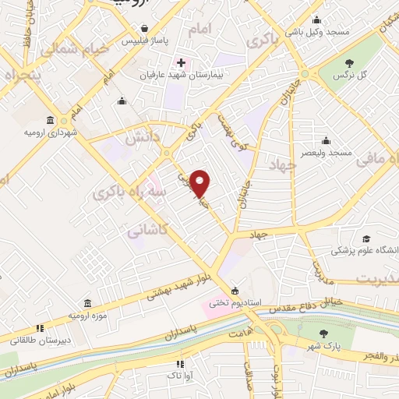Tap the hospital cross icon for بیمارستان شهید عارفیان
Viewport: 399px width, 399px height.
tap(181, 62)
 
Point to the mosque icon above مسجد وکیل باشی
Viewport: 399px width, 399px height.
tap(316, 21)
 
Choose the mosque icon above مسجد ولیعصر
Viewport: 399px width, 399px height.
tap(325, 140)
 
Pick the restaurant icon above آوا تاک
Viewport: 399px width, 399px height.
tap(181, 363)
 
